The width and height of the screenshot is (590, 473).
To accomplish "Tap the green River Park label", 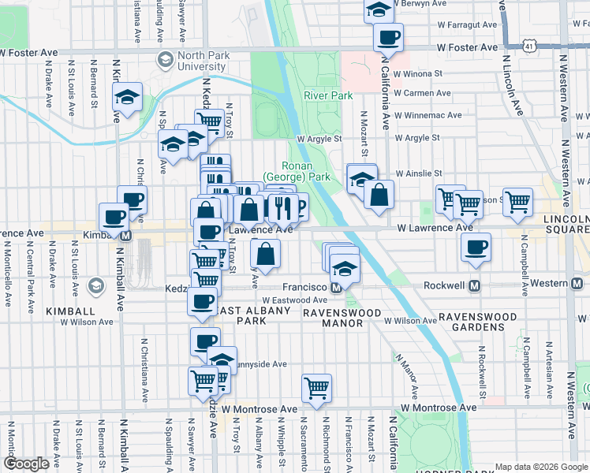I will [x=327, y=95].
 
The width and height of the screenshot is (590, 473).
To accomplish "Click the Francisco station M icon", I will [x=336, y=287].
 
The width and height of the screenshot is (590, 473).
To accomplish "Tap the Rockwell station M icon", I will [x=475, y=285].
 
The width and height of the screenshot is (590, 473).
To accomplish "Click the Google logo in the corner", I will [x=26, y=464].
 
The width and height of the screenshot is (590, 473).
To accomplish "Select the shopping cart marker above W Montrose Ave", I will [x=316, y=386].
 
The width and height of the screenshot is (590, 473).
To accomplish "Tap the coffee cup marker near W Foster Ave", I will [x=388, y=35].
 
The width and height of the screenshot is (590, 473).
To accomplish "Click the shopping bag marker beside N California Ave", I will [x=379, y=195].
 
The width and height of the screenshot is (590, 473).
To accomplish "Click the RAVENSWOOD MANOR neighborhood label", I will [x=344, y=314].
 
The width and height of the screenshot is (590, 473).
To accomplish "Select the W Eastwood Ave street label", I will [x=294, y=300].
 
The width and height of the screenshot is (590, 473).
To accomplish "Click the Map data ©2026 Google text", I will [x=540, y=467].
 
